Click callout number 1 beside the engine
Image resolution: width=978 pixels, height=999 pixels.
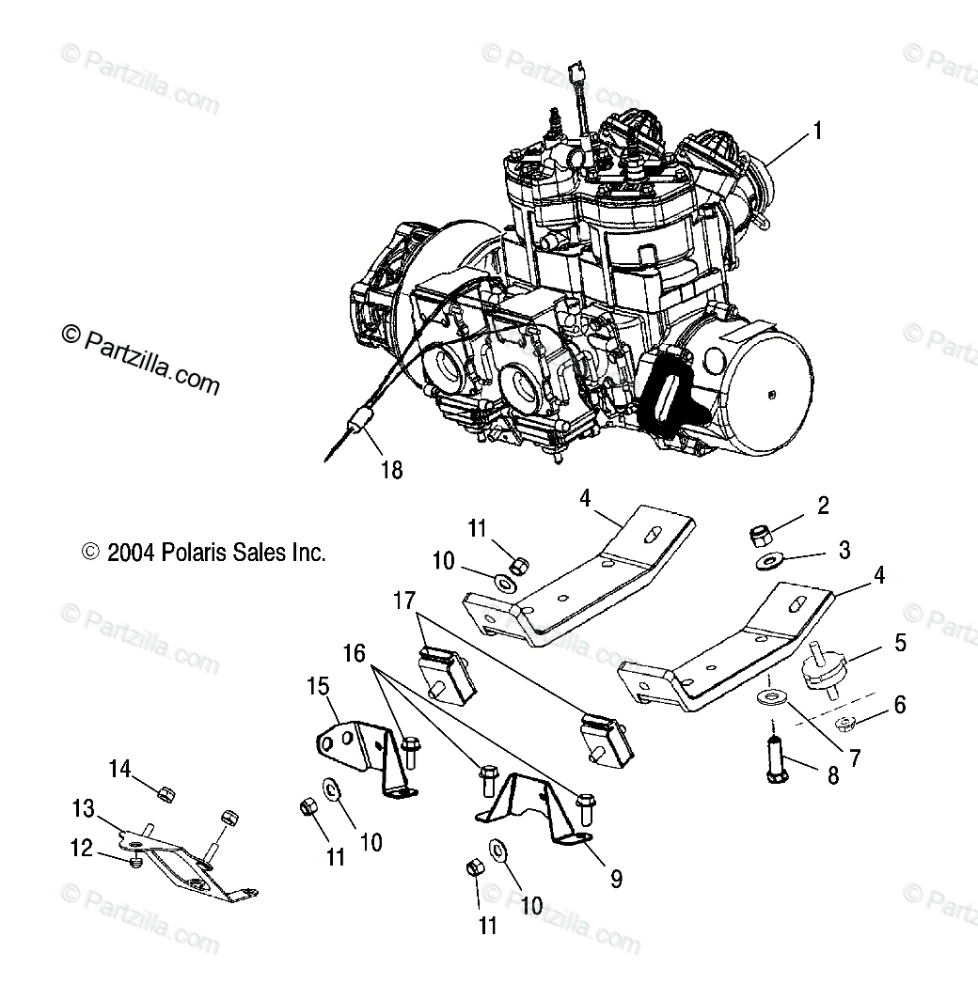817,132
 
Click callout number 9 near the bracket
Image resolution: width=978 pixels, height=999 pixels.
615,879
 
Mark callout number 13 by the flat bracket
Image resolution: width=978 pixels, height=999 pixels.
83,807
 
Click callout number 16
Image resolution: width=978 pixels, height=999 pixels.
354,652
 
